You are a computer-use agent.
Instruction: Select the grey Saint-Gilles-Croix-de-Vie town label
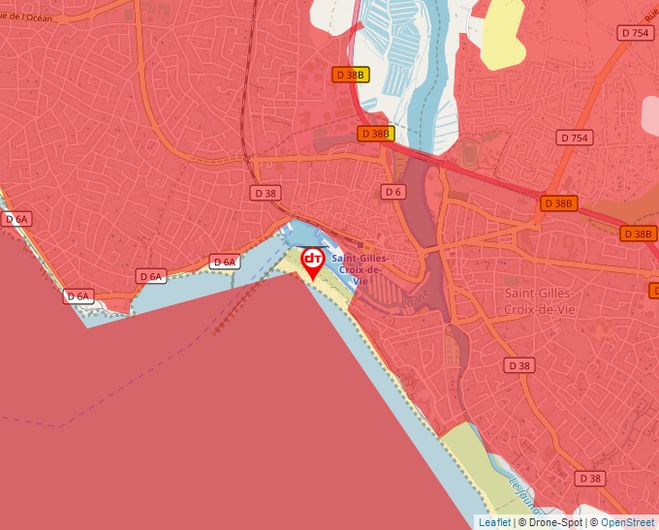539,300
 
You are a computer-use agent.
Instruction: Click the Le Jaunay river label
521,495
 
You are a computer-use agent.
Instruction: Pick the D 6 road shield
392,192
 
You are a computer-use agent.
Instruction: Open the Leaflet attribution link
494,522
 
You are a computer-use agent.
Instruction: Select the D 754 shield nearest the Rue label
634,33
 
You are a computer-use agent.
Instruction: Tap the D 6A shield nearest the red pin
224,262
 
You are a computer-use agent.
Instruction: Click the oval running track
470,153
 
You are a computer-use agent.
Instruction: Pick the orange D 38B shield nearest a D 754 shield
558,203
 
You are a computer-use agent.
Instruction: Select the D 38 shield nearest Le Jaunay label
588,479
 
